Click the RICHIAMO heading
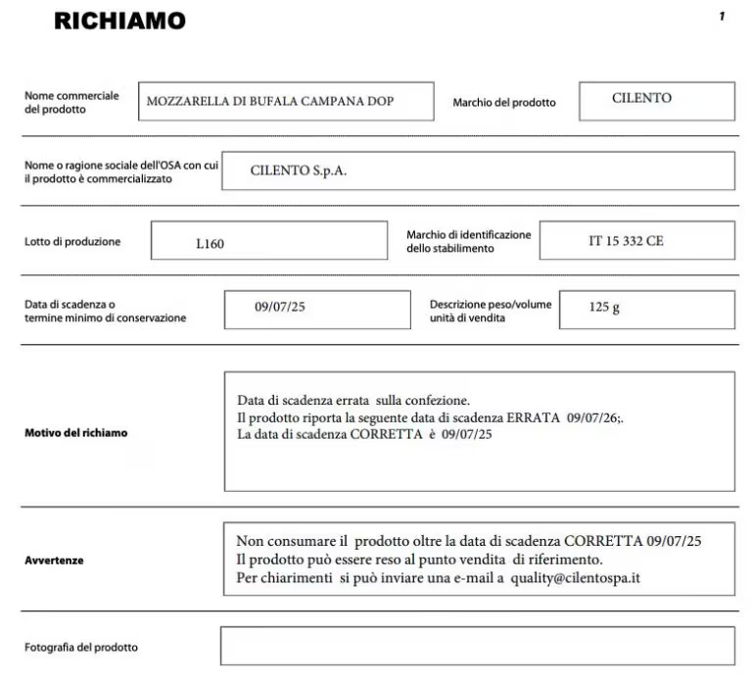tap(119, 21)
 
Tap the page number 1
tap(722, 17)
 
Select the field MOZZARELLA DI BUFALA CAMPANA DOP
tap(285, 101)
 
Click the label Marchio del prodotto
tap(503, 102)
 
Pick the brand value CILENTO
tap(641, 98)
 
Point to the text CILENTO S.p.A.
tap(299, 170)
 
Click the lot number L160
tap(210, 243)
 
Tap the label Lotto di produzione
tap(72, 242)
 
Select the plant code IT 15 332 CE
tap(626, 241)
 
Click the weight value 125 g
tap(604, 308)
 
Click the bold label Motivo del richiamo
tap(75, 432)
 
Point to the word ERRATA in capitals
tap(535, 417)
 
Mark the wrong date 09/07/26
tap(593, 417)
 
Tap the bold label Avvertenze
tap(54, 560)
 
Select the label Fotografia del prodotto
tap(81, 647)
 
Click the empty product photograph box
tap(477, 646)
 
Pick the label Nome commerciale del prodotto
tap(71, 102)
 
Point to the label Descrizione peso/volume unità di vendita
tap(490, 311)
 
